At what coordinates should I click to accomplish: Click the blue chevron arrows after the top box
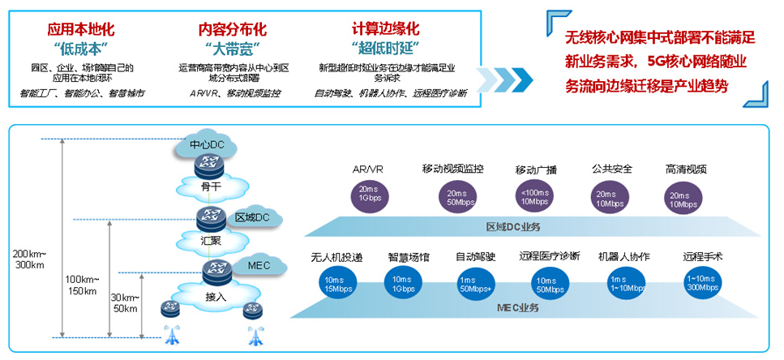coord(503,79)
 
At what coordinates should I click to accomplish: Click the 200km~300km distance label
coord(29,259)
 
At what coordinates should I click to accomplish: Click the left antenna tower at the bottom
coord(171,334)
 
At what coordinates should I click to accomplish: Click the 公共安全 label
coord(612,169)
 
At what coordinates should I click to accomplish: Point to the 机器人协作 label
coord(623,256)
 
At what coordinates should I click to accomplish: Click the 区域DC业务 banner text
coord(512,225)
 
